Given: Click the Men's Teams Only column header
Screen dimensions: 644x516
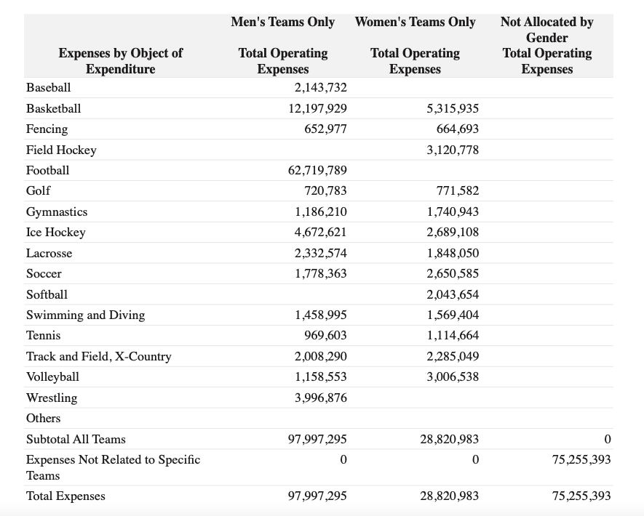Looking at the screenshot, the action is click(282, 22).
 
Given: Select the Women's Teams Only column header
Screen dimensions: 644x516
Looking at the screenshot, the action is click(416, 22).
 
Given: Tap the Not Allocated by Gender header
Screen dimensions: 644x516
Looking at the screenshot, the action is click(547, 30).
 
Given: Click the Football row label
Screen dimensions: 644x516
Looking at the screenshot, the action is click(47, 170).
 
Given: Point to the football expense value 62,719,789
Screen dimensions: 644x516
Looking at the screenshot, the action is click(317, 170).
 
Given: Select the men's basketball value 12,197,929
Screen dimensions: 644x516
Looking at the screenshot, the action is click(317, 108).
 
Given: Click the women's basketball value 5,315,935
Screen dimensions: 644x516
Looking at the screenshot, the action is click(453, 108).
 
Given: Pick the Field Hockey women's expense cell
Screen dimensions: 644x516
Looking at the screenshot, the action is click(453, 150).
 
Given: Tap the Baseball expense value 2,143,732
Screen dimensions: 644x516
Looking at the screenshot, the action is click(321, 87).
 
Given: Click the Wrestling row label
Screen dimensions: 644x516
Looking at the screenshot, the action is click(52, 398).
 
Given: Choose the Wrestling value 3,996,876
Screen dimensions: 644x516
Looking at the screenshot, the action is click(321, 398).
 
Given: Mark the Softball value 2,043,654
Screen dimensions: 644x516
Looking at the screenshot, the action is click(453, 294).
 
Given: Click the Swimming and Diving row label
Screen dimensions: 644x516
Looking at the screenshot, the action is click(85, 315).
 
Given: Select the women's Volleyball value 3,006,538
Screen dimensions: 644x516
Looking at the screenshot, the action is click(453, 376).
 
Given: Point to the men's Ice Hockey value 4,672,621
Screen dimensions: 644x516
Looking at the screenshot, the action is click(321, 232).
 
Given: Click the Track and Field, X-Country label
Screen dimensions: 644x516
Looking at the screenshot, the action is click(98, 356).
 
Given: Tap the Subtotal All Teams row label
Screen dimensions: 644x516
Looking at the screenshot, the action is click(76, 439).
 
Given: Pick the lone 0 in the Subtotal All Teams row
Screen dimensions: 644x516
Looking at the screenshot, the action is click(608, 439).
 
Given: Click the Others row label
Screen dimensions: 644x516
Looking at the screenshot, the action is click(43, 419).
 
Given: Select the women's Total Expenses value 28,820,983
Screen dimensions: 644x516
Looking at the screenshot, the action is click(449, 496).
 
